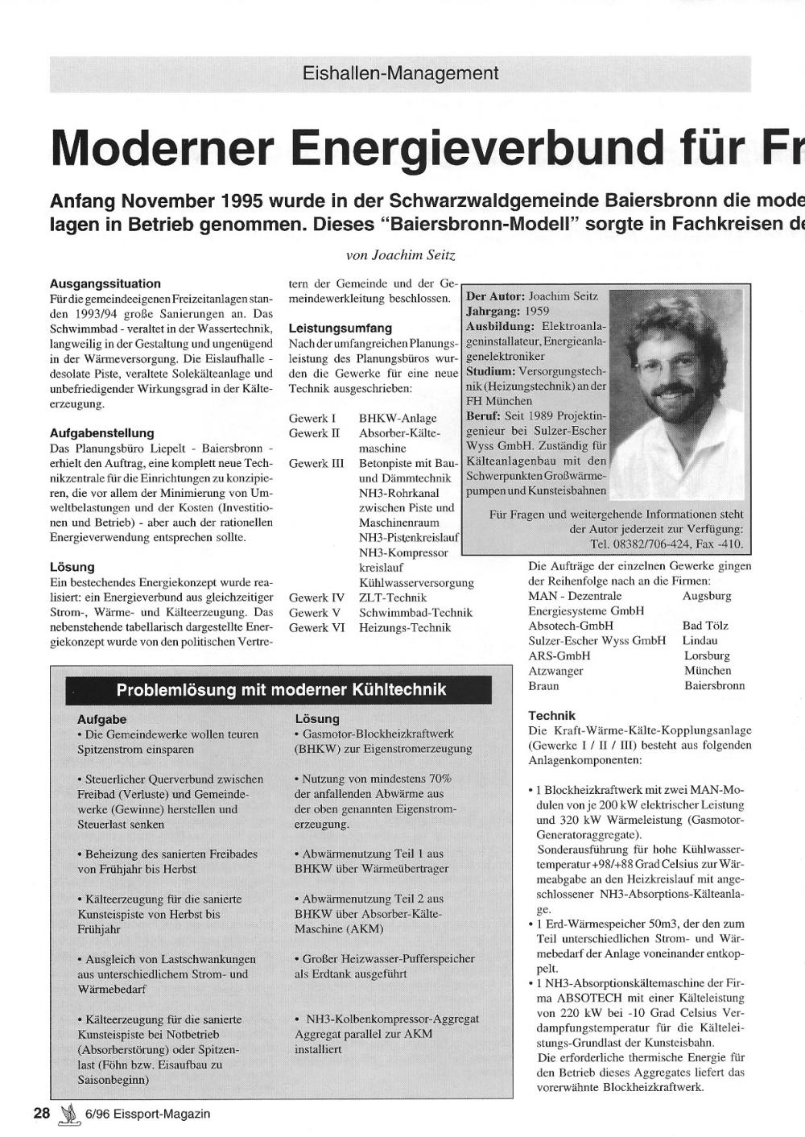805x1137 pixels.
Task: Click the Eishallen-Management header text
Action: coord(400,73)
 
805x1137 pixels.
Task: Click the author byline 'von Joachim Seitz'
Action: coord(400,255)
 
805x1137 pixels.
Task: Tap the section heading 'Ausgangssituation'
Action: coord(105,283)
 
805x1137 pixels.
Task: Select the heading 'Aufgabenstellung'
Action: coord(101,433)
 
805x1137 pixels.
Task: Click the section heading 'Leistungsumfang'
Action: coord(340,329)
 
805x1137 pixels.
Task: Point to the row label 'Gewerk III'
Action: coord(316,463)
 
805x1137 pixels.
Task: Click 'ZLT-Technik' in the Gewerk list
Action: coord(393,597)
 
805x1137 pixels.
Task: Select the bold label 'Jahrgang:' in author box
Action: coord(493,311)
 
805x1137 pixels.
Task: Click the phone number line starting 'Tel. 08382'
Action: coord(667,544)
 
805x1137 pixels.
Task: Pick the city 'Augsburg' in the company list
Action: coord(707,596)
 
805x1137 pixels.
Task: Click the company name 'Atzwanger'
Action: coord(555,671)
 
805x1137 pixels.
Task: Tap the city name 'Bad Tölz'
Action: coord(705,626)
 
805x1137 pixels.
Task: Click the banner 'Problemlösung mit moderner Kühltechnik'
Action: coord(281,690)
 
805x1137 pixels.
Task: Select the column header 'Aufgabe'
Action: coord(101,719)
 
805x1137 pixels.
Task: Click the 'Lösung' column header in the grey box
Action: coord(317,719)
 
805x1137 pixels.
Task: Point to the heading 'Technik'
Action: coord(551,715)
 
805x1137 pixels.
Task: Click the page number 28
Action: coord(42,1113)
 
